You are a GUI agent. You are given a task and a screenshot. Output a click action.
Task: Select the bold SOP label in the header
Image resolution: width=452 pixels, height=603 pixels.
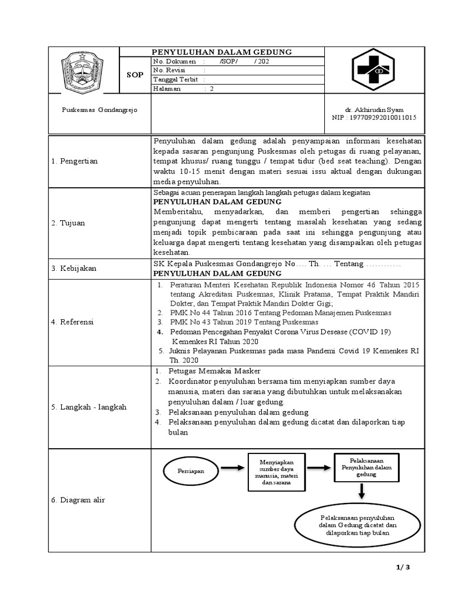(x=135, y=75)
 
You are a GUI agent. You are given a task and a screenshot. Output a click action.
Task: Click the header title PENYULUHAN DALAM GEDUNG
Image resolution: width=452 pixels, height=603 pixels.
(x=222, y=52)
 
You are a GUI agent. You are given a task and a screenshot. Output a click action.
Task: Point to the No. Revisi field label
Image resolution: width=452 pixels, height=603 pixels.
(x=169, y=70)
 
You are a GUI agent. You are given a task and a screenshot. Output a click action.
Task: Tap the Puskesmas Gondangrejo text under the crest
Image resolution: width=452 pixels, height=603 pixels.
(x=99, y=111)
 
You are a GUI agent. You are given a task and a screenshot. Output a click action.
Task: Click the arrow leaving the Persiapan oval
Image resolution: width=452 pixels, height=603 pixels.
(x=232, y=469)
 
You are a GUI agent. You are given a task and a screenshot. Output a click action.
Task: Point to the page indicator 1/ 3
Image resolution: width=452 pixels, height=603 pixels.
(x=403, y=567)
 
